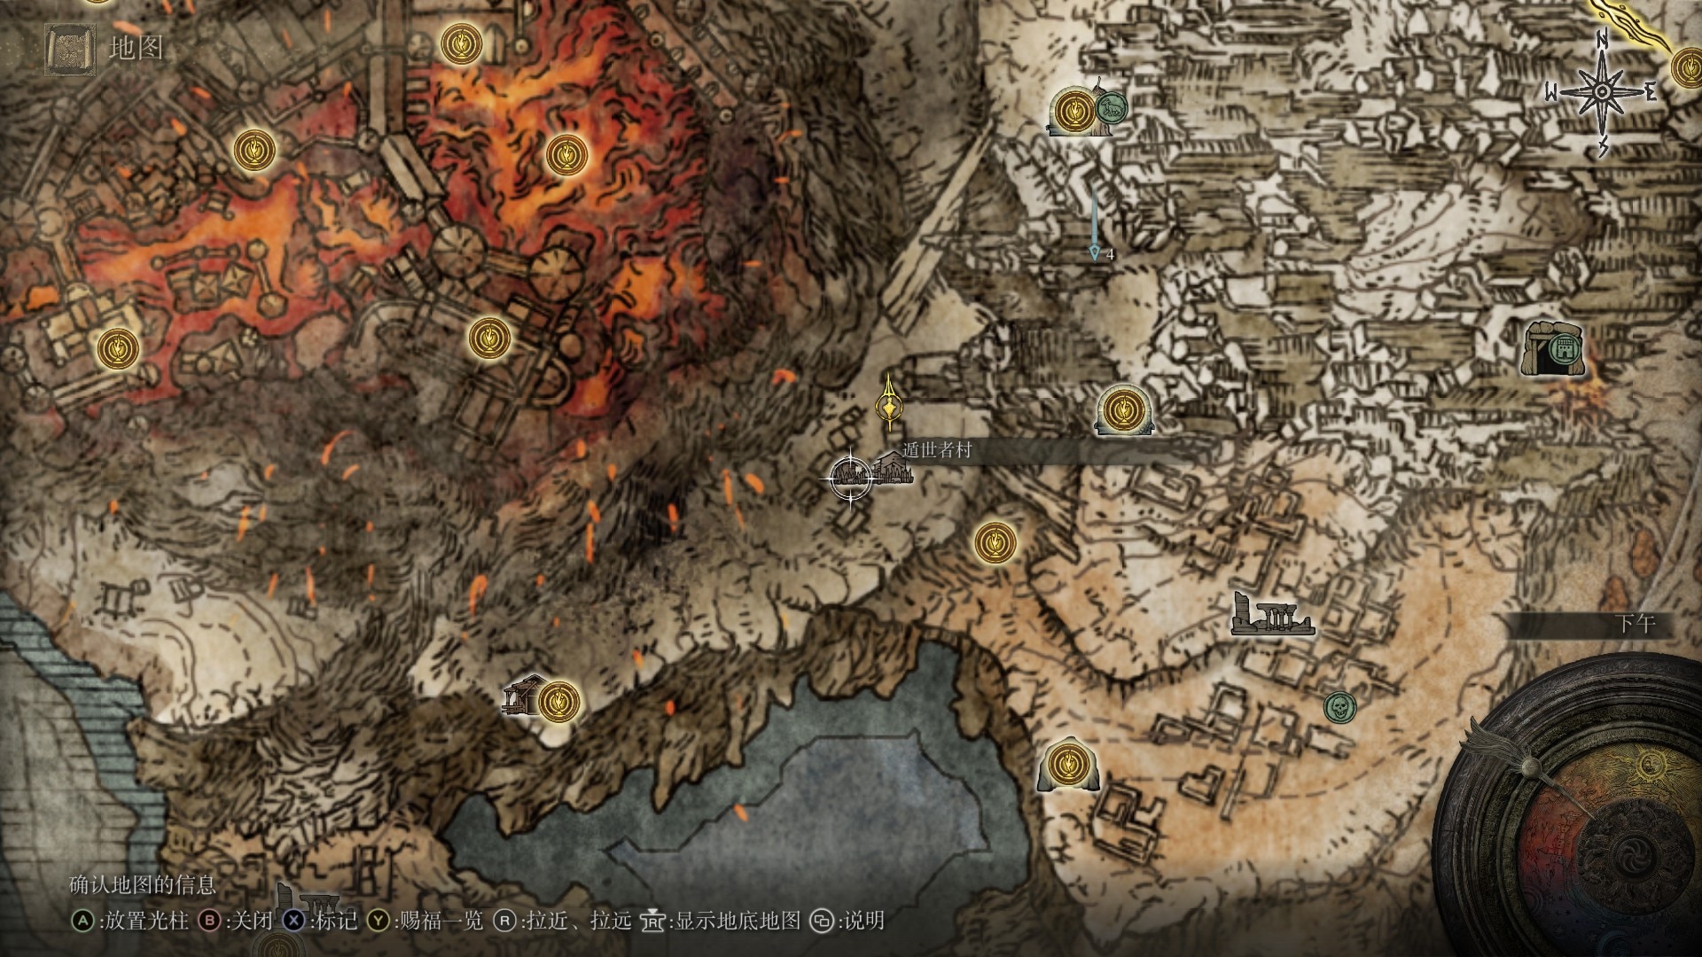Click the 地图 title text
tap(136, 49)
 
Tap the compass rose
tap(1602, 91)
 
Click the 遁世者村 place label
tap(937, 450)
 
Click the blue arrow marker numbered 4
tap(1096, 253)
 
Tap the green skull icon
tap(1339, 707)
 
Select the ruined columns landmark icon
tap(1272, 616)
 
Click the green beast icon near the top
tap(1108, 109)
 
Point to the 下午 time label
tap(1635, 624)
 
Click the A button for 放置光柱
tap(82, 921)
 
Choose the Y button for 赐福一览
tap(379, 921)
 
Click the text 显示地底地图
tap(738, 921)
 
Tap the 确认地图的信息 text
tap(143, 884)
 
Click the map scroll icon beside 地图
tap(68, 48)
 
